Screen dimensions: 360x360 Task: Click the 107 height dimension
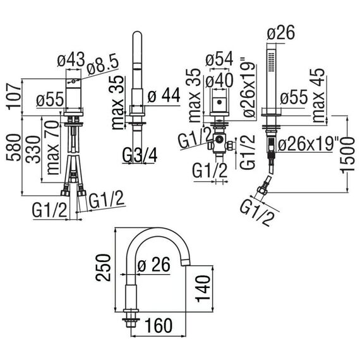(x=13, y=97)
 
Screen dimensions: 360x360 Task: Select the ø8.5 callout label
(x=103, y=66)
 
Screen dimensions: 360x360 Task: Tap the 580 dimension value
(x=13, y=147)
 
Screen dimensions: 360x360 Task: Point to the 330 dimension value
(x=33, y=149)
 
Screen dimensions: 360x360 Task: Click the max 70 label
(x=52, y=147)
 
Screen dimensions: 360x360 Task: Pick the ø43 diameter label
(x=71, y=59)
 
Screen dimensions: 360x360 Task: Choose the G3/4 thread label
(x=140, y=155)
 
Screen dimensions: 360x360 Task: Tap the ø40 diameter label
(x=219, y=80)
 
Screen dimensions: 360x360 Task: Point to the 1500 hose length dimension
(x=348, y=155)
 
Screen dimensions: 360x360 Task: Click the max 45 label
(x=318, y=95)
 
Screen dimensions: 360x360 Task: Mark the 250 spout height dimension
(x=103, y=268)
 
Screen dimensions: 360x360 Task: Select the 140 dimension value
(x=203, y=289)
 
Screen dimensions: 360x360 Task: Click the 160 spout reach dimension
(x=159, y=325)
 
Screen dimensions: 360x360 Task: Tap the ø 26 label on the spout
(x=154, y=265)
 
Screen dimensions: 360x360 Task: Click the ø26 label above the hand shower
(x=281, y=33)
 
